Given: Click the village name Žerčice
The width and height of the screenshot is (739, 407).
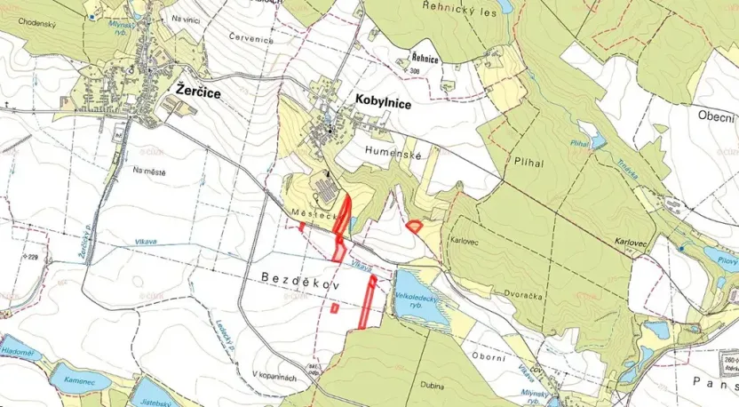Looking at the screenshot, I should point(198,91).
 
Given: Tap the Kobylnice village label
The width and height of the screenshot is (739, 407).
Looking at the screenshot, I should point(383,103).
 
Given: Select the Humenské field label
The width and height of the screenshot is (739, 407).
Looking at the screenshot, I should point(392,153).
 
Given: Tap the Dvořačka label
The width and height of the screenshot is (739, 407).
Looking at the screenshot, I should point(479,275).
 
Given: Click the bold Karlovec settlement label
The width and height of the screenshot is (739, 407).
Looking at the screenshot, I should point(632,242).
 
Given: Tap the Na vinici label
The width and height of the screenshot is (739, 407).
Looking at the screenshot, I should point(190,19).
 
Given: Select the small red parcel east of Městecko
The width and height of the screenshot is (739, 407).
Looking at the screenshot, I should point(413,226).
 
